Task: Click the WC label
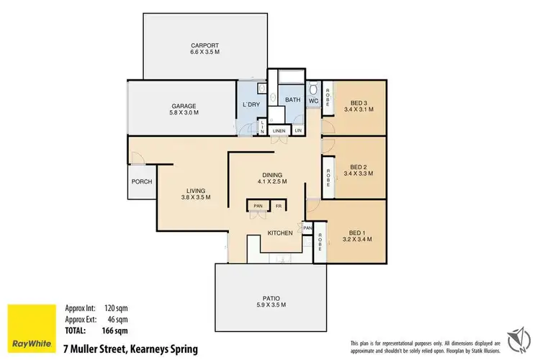[314, 102]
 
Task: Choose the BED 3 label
[353, 102]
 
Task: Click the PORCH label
[141, 181]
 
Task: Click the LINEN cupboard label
[279, 130]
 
